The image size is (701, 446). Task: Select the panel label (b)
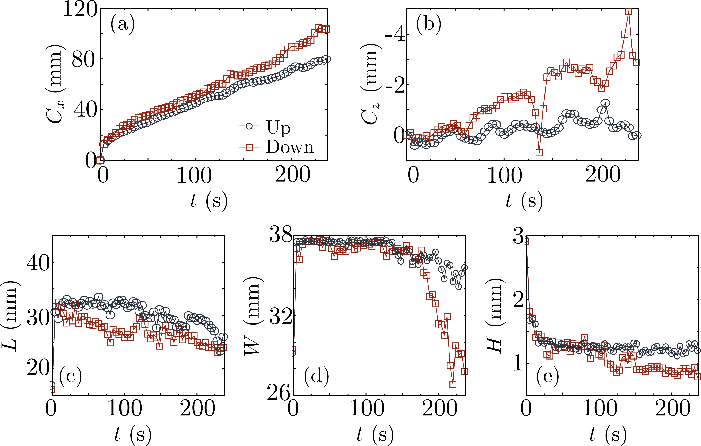pyautogui.click(x=429, y=24)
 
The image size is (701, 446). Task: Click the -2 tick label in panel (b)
pyautogui.click(x=395, y=85)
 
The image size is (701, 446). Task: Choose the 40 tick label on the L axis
pyautogui.click(x=38, y=263)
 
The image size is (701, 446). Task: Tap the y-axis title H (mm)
pyautogui.click(x=494, y=316)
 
